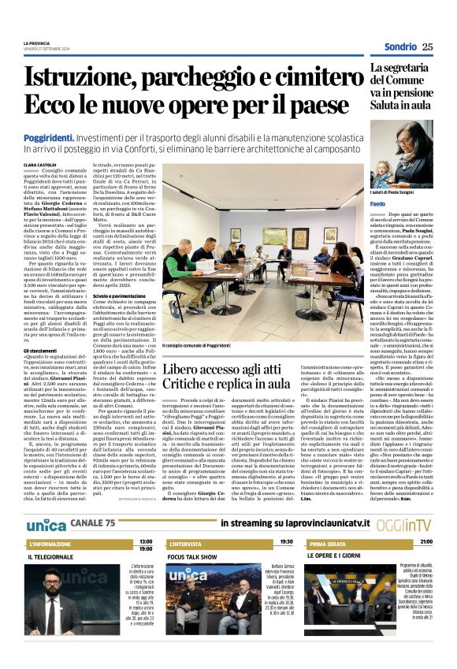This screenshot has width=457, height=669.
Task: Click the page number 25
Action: coord(428,46)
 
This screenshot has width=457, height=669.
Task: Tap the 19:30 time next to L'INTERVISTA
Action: coord(286,520)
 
